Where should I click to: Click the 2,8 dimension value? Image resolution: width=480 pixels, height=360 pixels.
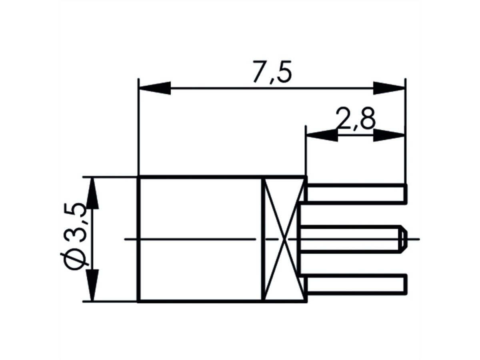[355, 119]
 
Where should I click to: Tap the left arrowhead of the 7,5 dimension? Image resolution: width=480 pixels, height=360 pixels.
[154, 88]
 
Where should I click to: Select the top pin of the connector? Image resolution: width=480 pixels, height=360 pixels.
[356, 194]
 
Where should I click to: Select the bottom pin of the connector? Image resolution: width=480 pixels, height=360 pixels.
[356, 284]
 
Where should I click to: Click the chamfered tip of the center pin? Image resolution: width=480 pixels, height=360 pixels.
[403, 239]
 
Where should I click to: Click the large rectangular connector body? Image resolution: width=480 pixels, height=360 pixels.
[200, 239]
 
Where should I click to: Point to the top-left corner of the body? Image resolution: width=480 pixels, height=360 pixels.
[138, 177]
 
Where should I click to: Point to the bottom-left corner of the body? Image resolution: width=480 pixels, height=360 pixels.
[138, 301]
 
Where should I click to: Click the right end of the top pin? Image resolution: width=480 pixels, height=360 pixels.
[406, 194]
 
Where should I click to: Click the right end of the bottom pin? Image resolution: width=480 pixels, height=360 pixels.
[406, 284]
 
